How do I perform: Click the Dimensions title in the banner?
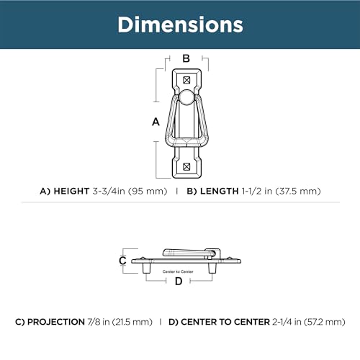pyautogui.click(x=180, y=24)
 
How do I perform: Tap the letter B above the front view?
pyautogui.click(x=186, y=58)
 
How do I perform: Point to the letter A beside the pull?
pyautogui.click(x=156, y=122)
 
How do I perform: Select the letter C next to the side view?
pyautogui.click(x=122, y=261)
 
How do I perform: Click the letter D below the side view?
pyautogui.click(x=179, y=281)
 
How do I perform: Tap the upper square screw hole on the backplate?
pyautogui.click(x=186, y=80)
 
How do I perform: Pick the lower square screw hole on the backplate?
pyautogui.click(x=186, y=166)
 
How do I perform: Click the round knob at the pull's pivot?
pyautogui.click(x=186, y=97)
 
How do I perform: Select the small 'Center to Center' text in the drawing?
pyautogui.click(x=178, y=271)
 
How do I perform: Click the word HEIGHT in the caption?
pyautogui.click(x=71, y=192)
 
